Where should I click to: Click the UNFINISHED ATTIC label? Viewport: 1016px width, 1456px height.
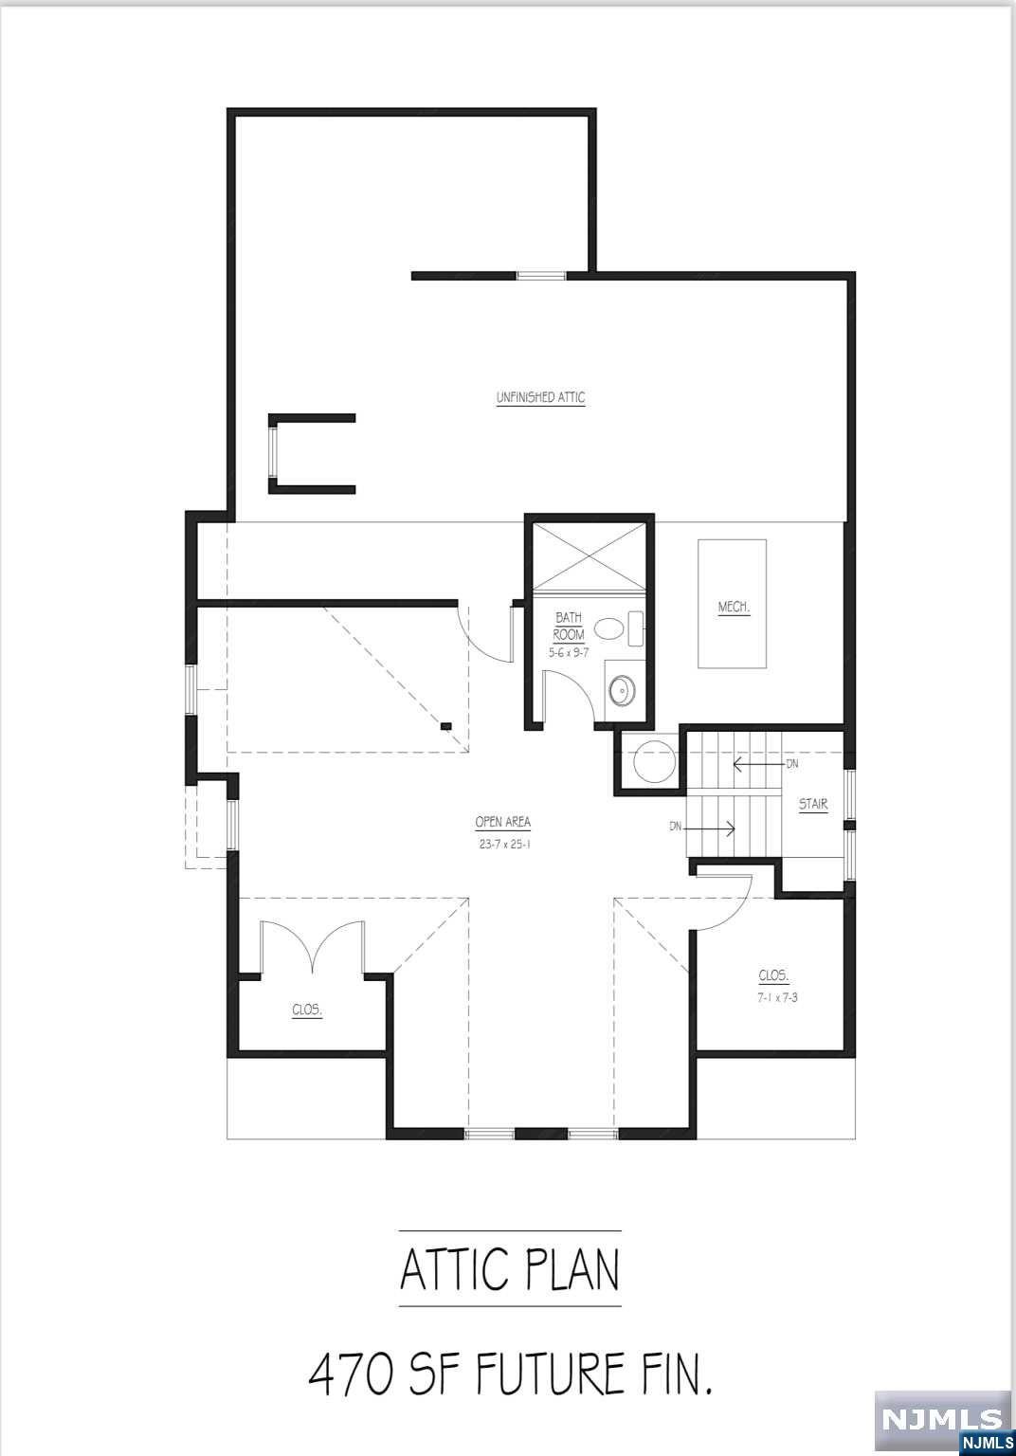point(540,398)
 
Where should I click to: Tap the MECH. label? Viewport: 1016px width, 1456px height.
point(734,608)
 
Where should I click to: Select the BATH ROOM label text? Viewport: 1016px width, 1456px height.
point(569,627)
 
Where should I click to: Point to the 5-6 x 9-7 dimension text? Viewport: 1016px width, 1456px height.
point(569,653)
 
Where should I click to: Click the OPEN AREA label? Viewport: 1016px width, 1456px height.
point(502,823)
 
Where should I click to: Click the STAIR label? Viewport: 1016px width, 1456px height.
point(813,806)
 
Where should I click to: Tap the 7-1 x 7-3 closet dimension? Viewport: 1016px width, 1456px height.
point(777,998)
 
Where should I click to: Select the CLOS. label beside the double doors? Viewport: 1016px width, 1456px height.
point(306,1010)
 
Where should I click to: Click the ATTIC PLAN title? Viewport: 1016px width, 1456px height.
point(510,1270)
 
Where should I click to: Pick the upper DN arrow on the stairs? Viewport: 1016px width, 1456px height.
point(758,763)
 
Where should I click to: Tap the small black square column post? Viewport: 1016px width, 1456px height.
point(445,727)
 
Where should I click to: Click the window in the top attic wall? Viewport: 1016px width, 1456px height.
point(541,276)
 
